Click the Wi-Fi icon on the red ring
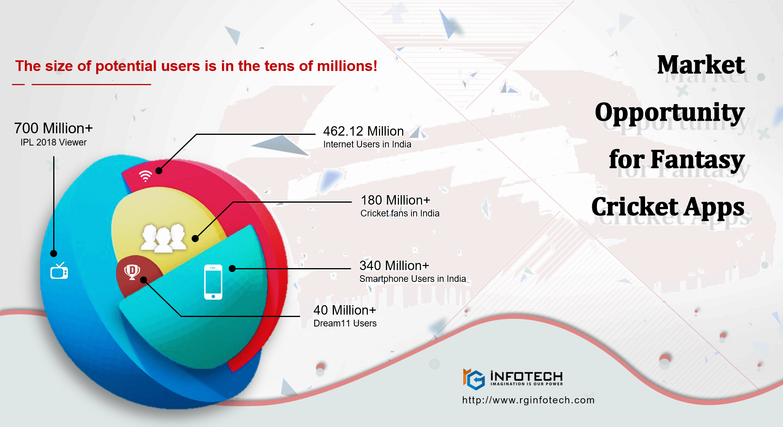click(x=145, y=176)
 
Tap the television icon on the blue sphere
click(x=59, y=270)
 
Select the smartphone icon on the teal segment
click(x=213, y=282)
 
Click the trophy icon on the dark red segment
click(x=132, y=272)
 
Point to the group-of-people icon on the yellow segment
click(x=164, y=238)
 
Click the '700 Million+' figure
click(x=54, y=128)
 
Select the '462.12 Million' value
click(x=364, y=131)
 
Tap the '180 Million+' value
click(x=395, y=200)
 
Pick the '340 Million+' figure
click(x=394, y=265)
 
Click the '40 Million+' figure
click(x=345, y=310)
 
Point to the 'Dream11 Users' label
click(x=345, y=323)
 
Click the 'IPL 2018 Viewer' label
click(x=54, y=142)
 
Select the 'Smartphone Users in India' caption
click(x=413, y=279)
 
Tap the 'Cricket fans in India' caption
click(x=400, y=213)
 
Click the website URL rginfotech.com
click(x=528, y=400)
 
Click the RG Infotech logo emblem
click(x=474, y=379)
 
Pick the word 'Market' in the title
click(x=701, y=65)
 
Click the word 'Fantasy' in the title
click(x=697, y=160)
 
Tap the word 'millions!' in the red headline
click(x=347, y=66)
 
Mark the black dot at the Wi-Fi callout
click(x=159, y=171)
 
